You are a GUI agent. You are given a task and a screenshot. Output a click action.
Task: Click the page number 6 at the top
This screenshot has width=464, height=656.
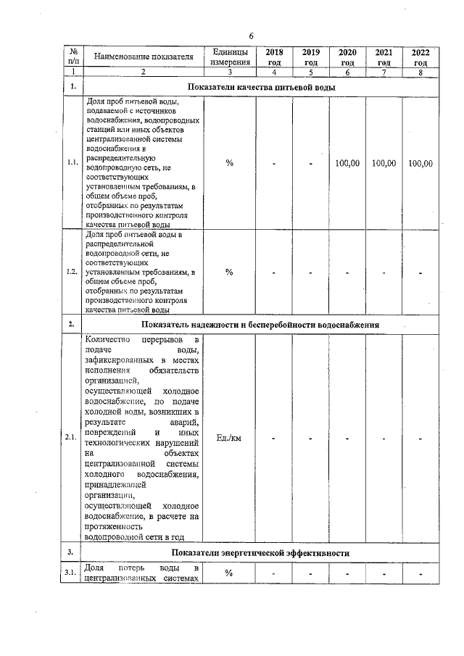(x=251, y=36)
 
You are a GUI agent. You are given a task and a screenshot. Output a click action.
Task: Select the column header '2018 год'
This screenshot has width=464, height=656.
(x=275, y=57)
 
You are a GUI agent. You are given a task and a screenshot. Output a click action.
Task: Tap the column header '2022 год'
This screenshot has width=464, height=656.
(x=420, y=57)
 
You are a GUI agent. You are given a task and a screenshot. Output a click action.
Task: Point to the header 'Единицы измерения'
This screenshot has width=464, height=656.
(x=229, y=57)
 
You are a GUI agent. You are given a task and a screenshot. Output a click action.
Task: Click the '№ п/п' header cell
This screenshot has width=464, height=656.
(x=73, y=57)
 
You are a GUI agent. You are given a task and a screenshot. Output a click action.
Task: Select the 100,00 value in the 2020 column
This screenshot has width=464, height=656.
(x=347, y=164)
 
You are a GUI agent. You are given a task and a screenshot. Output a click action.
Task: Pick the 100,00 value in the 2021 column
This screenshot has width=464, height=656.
(x=384, y=164)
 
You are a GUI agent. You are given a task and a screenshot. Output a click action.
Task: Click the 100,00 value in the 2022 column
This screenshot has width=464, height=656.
(x=420, y=164)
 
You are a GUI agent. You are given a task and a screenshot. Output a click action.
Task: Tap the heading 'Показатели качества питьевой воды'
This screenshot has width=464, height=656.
(x=261, y=88)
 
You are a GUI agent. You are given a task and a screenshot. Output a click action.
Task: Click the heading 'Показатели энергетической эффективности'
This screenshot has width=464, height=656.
(x=261, y=553)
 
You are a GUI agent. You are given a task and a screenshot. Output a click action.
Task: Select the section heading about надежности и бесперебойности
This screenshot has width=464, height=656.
(x=261, y=325)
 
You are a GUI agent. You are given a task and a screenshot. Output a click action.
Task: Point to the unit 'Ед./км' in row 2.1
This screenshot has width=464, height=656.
(x=229, y=439)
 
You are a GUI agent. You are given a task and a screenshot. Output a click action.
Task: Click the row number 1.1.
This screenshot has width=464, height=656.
(x=72, y=164)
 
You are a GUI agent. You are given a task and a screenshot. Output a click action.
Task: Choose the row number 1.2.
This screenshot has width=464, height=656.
(x=72, y=273)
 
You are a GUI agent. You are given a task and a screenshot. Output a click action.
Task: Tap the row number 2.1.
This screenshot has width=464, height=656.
(x=72, y=439)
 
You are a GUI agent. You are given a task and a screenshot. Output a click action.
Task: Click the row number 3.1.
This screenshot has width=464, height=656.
(x=72, y=573)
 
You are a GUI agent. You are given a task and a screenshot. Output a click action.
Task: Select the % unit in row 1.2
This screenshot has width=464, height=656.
(x=229, y=273)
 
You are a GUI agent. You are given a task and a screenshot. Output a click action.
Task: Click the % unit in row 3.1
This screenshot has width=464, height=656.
(x=229, y=574)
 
